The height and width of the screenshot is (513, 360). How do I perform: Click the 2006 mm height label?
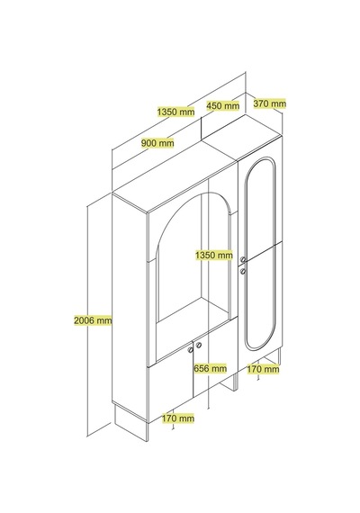[93, 320]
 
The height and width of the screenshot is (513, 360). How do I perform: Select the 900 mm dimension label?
[157, 143]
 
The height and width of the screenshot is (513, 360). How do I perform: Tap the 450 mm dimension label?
[223, 105]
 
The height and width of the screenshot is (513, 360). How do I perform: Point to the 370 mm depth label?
[270, 103]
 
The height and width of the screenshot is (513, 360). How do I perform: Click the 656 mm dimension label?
[210, 368]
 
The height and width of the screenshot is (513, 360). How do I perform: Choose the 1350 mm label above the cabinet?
[175, 112]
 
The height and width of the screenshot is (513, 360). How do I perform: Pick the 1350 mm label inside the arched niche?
[214, 255]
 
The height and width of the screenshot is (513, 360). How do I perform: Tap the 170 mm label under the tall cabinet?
[263, 369]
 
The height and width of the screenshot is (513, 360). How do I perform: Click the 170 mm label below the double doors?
[178, 418]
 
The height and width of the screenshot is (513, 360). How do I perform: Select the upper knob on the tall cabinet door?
[243, 260]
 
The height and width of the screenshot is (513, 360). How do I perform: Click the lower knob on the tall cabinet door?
[243, 271]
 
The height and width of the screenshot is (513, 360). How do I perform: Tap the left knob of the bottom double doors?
[191, 350]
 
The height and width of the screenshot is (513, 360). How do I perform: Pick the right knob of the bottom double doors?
[199, 345]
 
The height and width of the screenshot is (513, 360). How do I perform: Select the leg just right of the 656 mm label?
[235, 382]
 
